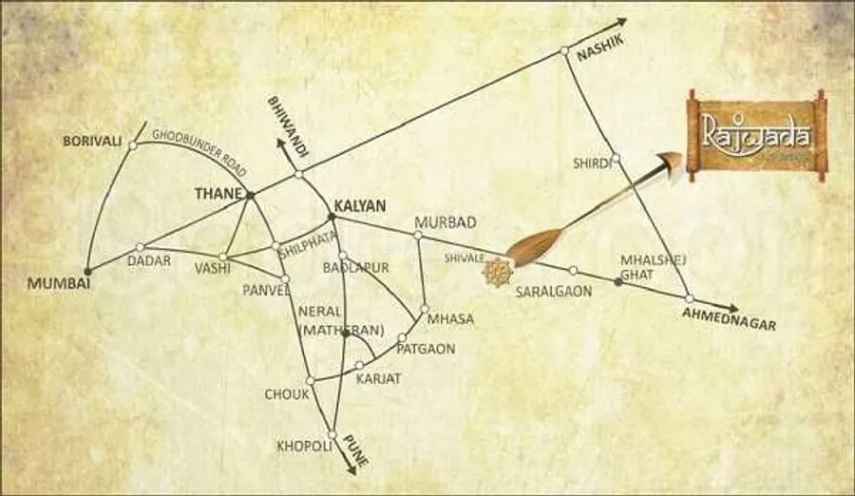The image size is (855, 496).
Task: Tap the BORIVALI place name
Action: (x=93, y=142)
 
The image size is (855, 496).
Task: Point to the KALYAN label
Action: (x=359, y=205)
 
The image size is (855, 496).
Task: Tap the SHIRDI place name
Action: (x=590, y=162)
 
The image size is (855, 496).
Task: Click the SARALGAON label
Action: (x=554, y=291)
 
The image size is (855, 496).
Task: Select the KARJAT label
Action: (x=378, y=379)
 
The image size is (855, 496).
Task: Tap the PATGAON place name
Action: (x=426, y=350)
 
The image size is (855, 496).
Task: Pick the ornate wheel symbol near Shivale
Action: (x=497, y=272)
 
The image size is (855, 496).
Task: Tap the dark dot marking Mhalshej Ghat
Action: (x=618, y=282)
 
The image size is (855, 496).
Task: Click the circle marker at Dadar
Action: (x=140, y=246)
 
